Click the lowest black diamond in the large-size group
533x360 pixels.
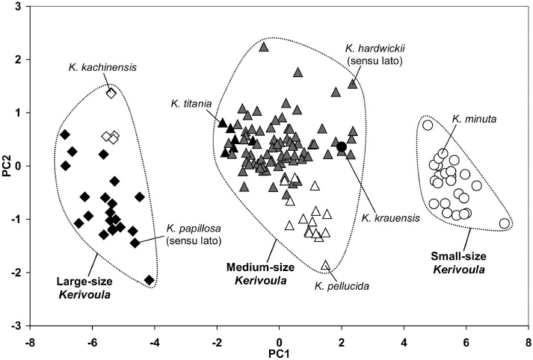click(x=150, y=280)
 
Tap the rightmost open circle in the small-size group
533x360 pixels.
click(x=505, y=223)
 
